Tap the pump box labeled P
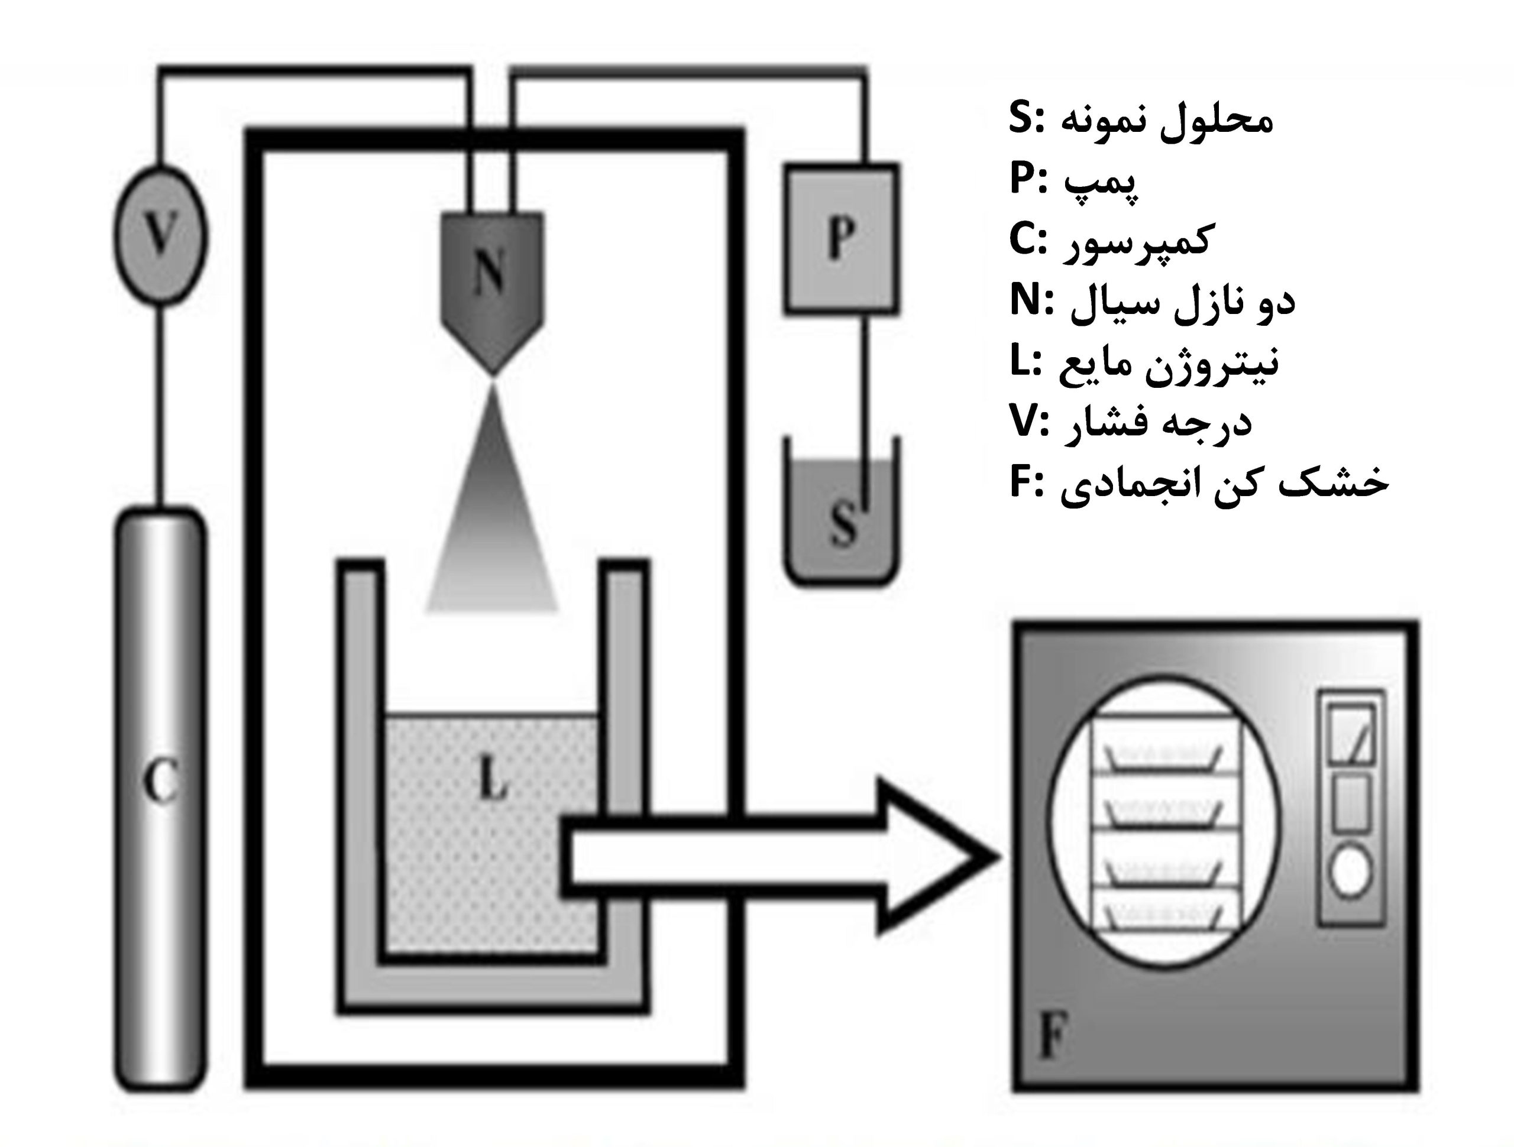pos(841,239)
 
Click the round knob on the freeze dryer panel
pos(1350,870)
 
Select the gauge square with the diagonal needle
pos(1350,734)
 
